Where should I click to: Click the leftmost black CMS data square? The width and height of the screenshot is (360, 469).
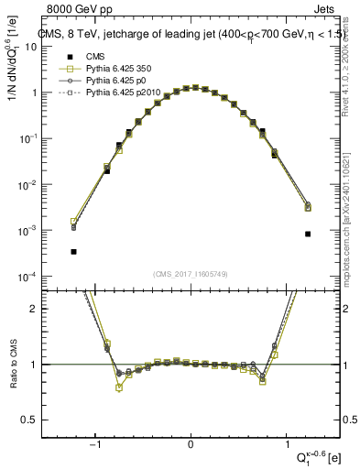click(x=73, y=251)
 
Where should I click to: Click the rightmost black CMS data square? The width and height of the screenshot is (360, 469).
click(x=308, y=234)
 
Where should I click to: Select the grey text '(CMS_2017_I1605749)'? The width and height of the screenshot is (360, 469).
click(x=191, y=274)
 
